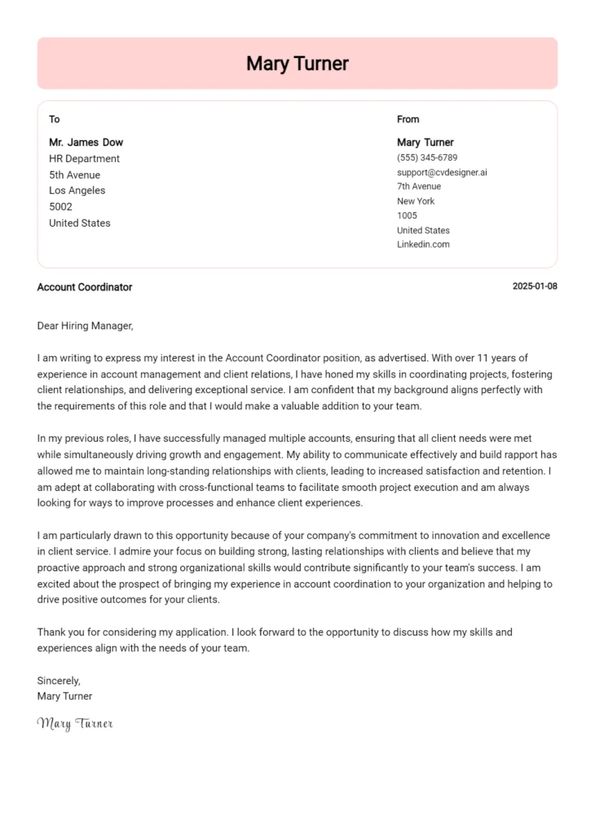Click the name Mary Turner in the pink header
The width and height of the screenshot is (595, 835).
[297, 64]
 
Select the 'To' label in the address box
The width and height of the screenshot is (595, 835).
[55, 119]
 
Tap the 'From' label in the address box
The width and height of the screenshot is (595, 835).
[408, 119]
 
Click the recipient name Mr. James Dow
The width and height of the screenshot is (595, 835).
[86, 143]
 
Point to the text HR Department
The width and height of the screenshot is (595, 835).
[84, 159]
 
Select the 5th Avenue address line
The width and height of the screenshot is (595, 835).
[74, 175]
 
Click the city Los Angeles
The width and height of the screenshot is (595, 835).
[77, 191]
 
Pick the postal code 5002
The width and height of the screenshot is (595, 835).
[60, 207]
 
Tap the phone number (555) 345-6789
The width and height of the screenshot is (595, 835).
[427, 157]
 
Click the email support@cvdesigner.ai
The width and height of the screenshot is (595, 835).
[442, 172]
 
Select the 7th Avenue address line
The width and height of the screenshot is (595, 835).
[418, 187]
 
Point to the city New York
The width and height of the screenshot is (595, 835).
[416, 201]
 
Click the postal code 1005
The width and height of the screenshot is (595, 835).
[407, 216]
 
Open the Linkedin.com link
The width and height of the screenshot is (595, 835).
[423, 245]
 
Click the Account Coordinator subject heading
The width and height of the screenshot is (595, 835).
[85, 287]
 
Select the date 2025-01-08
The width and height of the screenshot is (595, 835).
[535, 287]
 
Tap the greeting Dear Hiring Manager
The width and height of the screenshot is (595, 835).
[85, 326]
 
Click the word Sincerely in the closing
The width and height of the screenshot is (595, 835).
[59, 681]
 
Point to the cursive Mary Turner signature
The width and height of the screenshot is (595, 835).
[75, 723]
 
